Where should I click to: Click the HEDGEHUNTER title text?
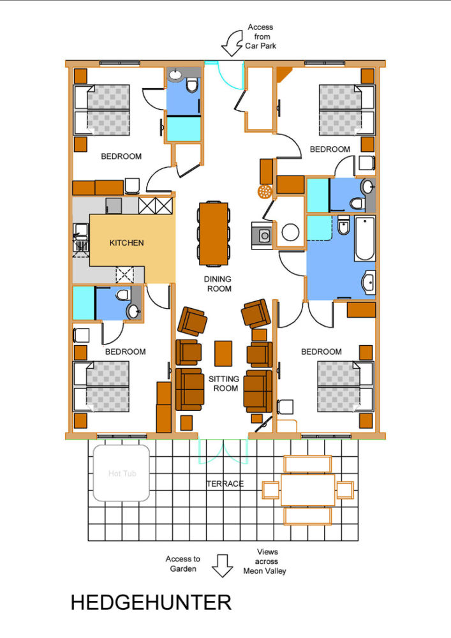coord(151,603)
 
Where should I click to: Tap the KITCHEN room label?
coord(126,243)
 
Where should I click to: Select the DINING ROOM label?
coord(218,284)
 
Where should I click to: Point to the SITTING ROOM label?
coord(224,383)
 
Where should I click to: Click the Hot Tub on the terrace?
coord(122,473)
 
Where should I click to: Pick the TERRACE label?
coord(225,484)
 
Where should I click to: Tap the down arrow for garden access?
coord(223,565)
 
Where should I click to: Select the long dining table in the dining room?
coord(214,234)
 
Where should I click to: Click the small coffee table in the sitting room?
coord(223,353)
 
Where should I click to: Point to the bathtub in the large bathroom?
coord(365,239)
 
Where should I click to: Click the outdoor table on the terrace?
coord(307,490)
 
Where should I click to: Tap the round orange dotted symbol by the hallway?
coord(264,191)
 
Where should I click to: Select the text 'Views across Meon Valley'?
coord(265,561)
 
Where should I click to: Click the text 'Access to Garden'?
coord(183,564)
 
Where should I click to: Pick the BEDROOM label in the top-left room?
coord(121,156)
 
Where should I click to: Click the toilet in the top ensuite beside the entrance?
coord(191,85)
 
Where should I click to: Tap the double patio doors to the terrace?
coord(223,451)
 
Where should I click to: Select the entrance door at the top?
coord(230,75)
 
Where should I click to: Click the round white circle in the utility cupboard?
coord(290,232)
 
